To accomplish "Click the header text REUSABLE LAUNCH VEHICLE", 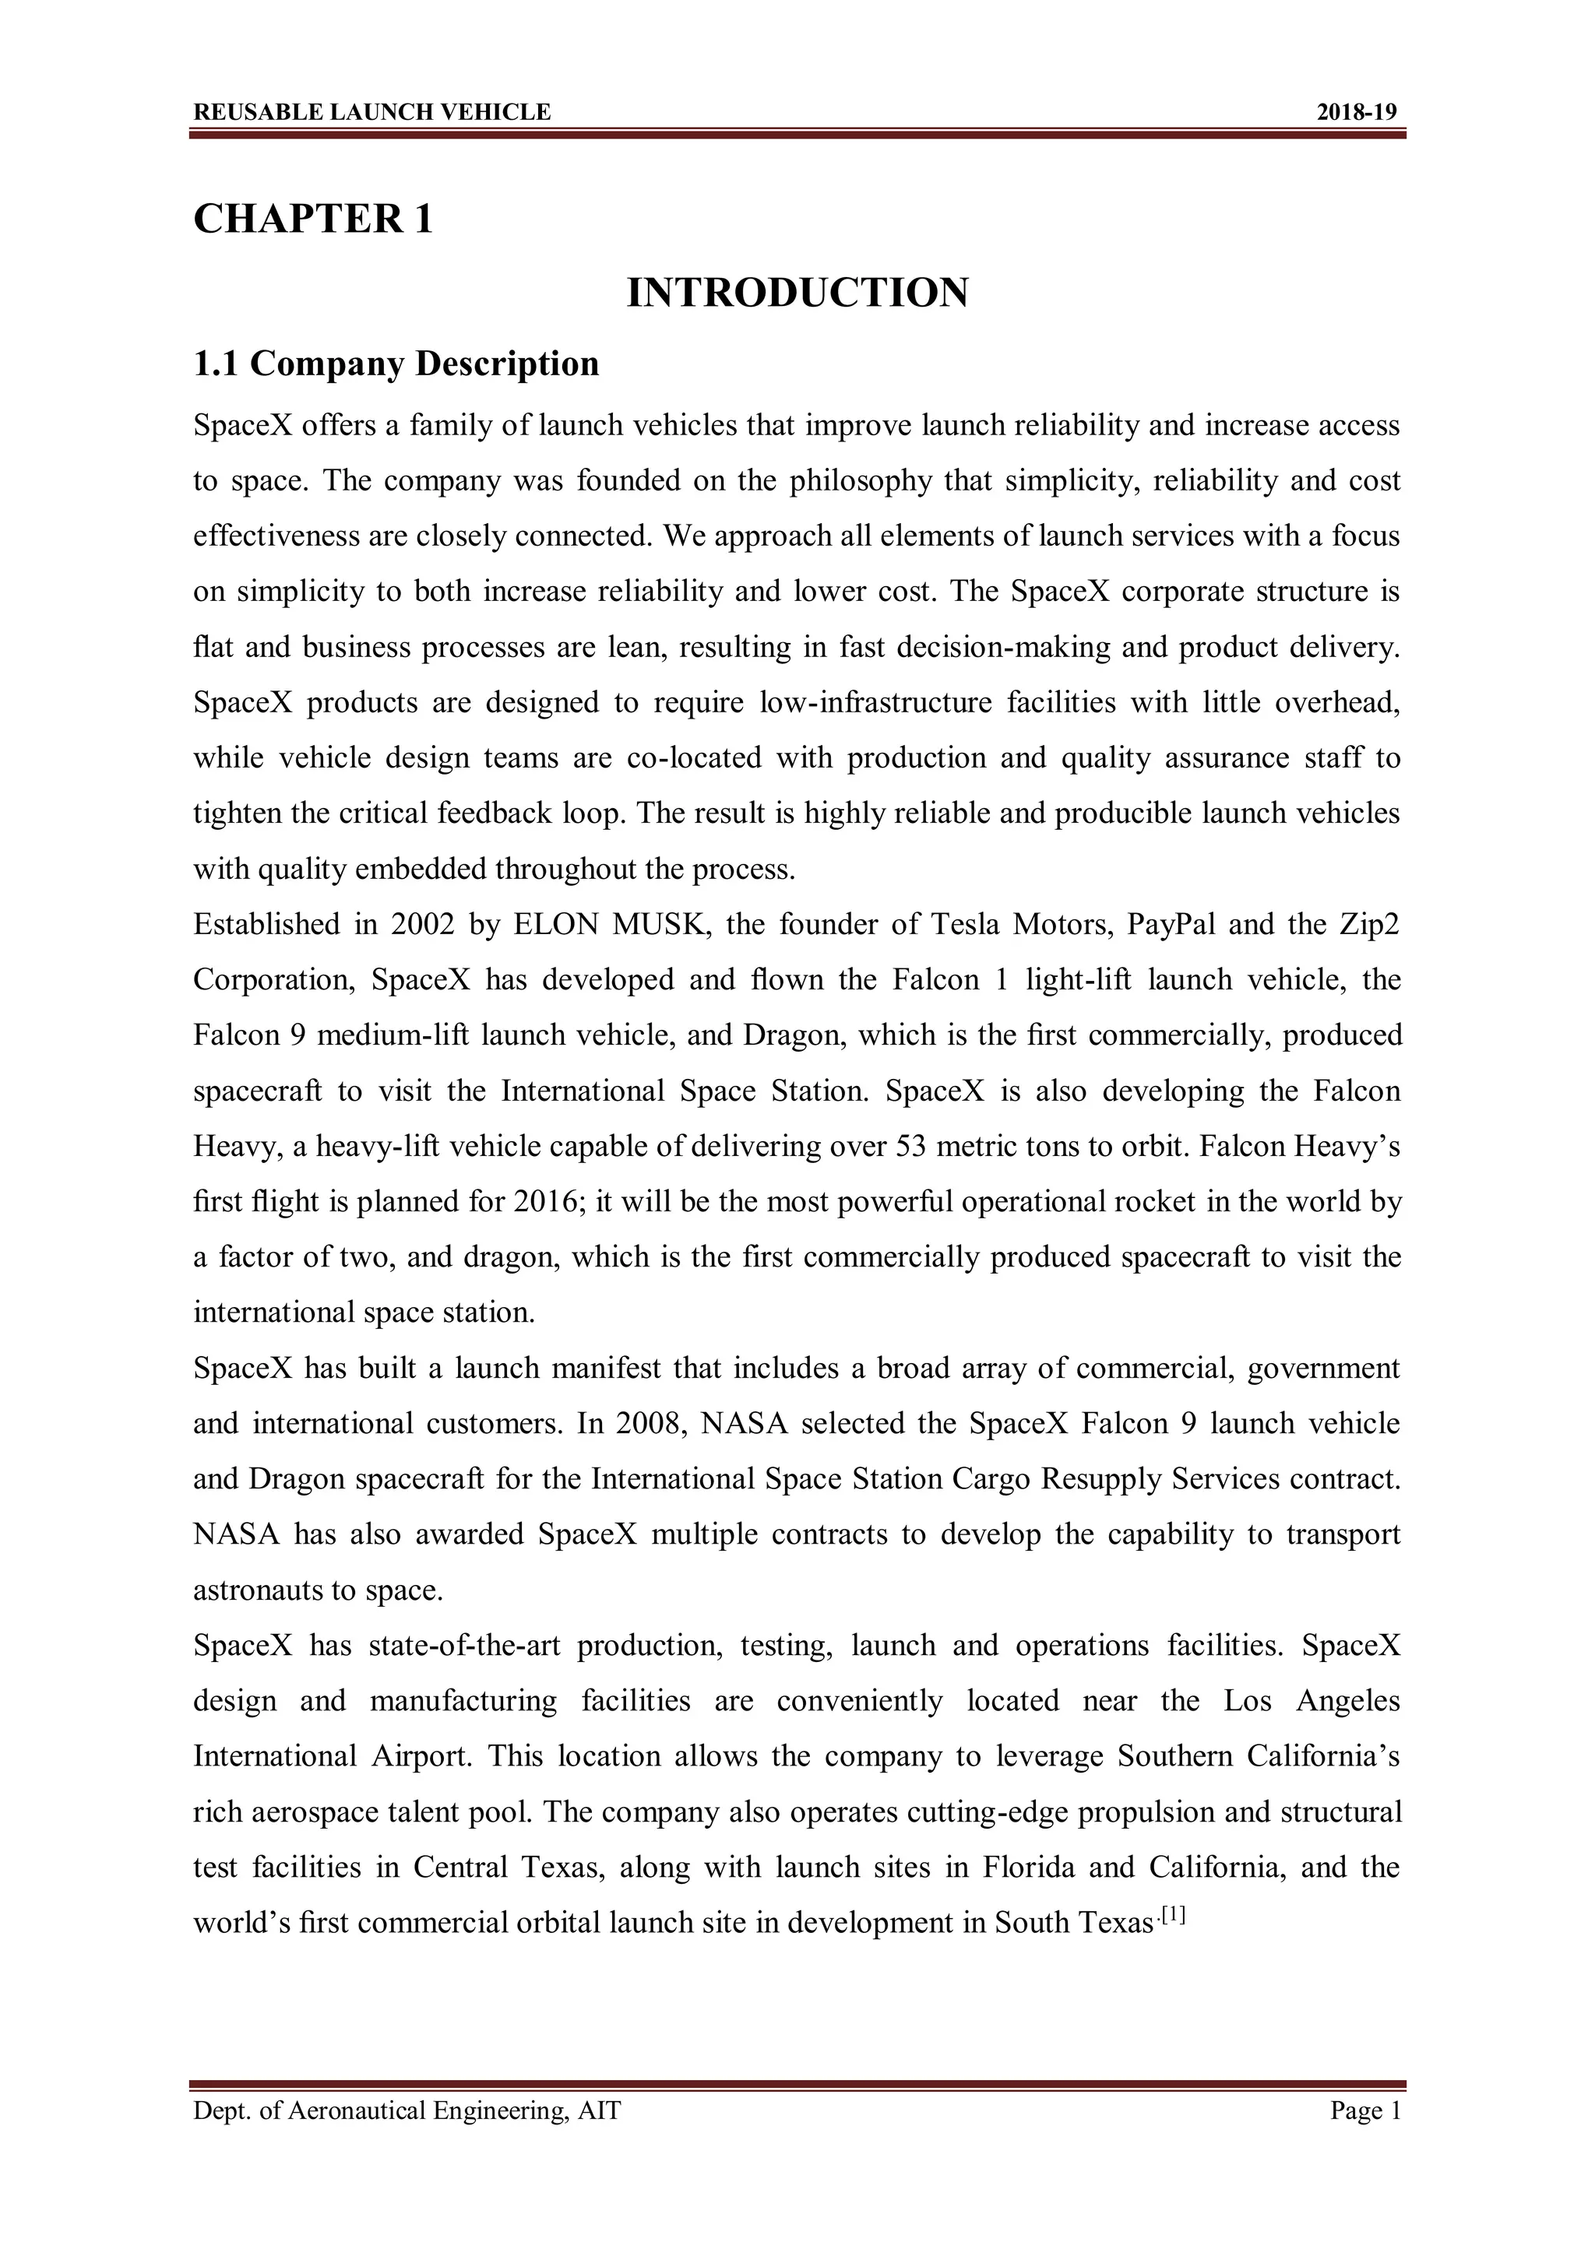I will coord(371,112).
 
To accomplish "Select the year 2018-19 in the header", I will coord(1356,112).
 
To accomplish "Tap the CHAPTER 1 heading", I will coord(312,218).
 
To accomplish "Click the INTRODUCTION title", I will coord(797,293).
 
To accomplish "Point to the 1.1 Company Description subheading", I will coord(396,364).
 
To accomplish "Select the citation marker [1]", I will coord(1174,1915).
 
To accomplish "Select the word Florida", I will coord(1029,1867).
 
